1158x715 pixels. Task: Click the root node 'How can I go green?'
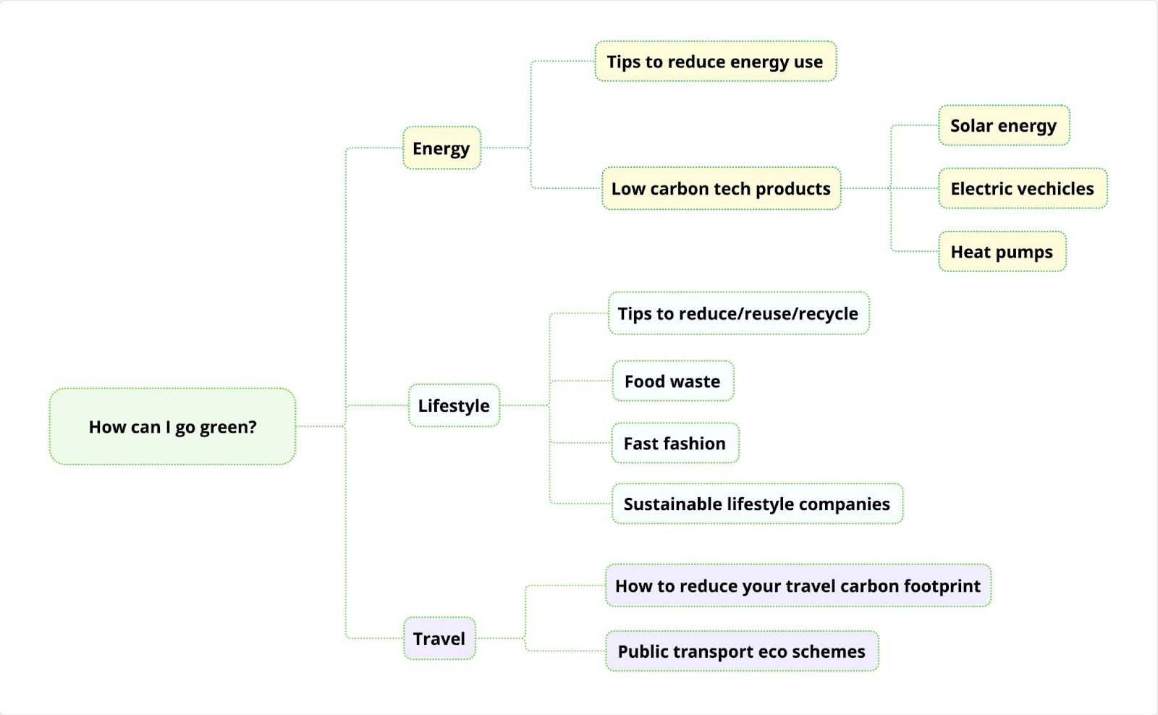pos(172,427)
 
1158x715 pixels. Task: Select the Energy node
pos(441,148)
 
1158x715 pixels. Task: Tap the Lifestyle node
pos(454,406)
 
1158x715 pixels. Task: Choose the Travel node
pos(439,638)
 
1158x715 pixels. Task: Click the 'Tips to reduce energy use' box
pos(715,62)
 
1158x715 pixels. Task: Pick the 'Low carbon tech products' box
pos(721,189)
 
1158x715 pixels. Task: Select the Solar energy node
pos(1003,126)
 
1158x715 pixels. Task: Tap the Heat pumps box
pos(1002,252)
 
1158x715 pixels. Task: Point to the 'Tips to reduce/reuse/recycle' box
pos(738,314)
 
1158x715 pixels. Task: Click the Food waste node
pos(672,381)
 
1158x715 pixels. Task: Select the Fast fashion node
pos(675,444)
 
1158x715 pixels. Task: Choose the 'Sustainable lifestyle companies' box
pos(757,504)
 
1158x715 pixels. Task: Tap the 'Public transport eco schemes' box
pos(741,651)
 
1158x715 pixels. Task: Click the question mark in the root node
pos(252,427)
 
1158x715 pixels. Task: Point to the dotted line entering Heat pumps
pos(915,252)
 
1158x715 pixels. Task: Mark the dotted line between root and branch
pos(320,427)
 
